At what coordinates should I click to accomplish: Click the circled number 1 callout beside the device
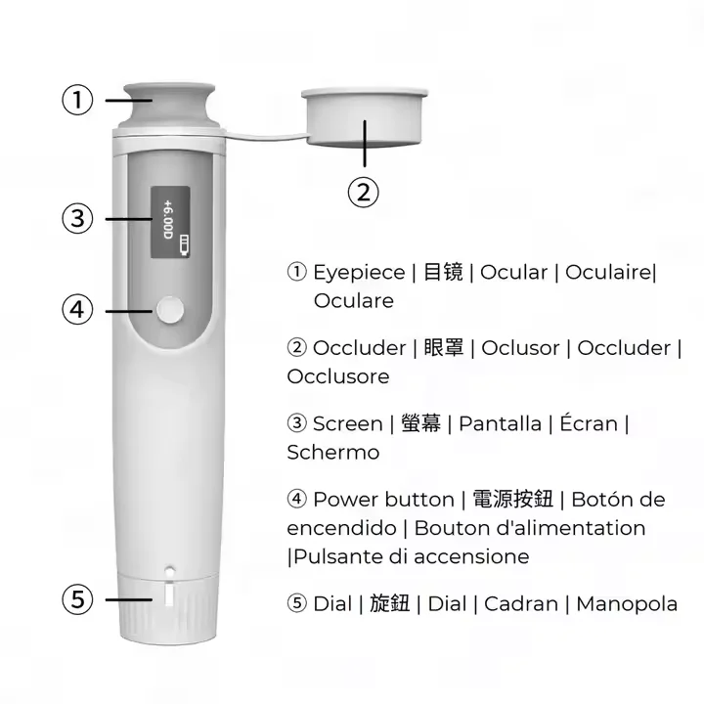tap(77, 100)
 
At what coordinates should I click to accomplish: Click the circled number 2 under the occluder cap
tap(363, 192)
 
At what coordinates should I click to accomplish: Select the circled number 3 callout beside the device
tap(77, 217)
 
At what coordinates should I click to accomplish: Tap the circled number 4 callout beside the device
tap(77, 310)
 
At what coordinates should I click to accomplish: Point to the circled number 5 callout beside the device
tap(77, 598)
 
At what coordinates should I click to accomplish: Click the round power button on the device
tap(168, 311)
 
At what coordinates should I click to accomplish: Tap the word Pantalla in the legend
tap(500, 423)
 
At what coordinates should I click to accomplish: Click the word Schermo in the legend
tap(332, 452)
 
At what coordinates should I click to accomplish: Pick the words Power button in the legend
tap(383, 500)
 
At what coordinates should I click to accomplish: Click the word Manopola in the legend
tap(626, 603)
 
